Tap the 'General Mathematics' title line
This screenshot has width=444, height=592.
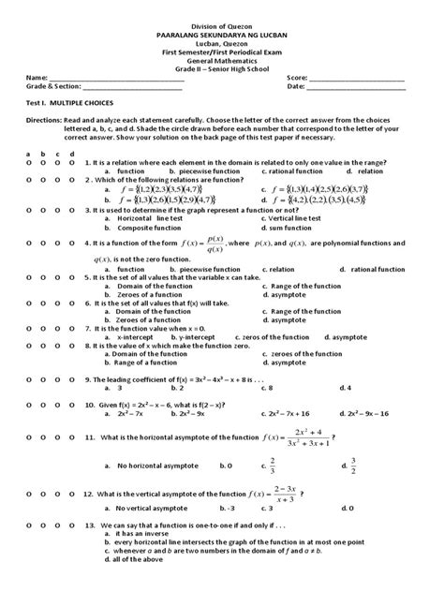222,54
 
